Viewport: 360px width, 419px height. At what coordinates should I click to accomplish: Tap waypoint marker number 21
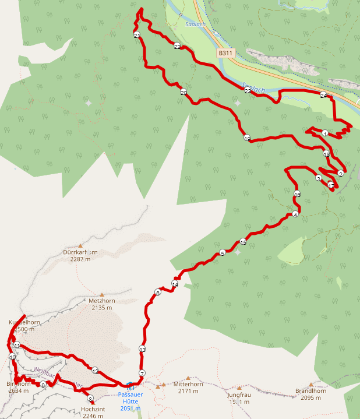(x=137, y=36)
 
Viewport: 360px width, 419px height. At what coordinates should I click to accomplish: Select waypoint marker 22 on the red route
(x=177, y=47)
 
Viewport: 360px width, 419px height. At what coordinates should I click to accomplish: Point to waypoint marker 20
(x=183, y=92)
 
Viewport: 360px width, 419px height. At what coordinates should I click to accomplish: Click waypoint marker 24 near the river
(x=323, y=95)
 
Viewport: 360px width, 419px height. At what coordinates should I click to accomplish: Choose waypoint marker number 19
(x=247, y=138)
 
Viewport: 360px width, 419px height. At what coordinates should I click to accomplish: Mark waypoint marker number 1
(x=324, y=133)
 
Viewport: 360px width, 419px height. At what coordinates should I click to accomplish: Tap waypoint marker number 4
(x=295, y=215)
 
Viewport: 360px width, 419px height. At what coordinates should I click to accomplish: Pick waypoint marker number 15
(x=243, y=242)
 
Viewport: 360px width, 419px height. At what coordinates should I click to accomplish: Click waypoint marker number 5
(x=222, y=253)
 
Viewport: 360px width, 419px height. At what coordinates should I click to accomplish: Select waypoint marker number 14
(x=174, y=284)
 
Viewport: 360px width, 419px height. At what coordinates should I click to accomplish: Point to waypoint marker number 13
(x=142, y=349)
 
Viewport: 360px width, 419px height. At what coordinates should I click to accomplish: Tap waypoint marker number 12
(x=95, y=370)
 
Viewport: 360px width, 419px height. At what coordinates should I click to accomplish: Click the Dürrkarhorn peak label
(x=80, y=256)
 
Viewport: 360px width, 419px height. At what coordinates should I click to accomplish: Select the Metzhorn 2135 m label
(x=101, y=304)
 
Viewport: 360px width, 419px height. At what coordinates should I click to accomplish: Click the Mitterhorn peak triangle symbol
(x=165, y=385)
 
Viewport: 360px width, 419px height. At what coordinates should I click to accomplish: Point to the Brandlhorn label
(x=310, y=394)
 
